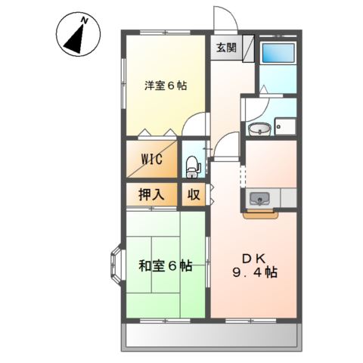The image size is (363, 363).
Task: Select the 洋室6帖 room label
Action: (x=166, y=85)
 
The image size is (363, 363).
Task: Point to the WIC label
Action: (x=152, y=160)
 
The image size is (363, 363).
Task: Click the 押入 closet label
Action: (x=151, y=194)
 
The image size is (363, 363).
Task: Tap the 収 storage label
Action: (x=194, y=194)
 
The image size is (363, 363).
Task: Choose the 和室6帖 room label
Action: (x=165, y=266)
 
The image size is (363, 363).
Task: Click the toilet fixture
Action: (x=192, y=162)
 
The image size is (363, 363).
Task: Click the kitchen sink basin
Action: (x=259, y=200)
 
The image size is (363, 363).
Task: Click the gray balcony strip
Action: (x=212, y=335)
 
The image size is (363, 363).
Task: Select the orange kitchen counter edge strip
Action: (x=261, y=213)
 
